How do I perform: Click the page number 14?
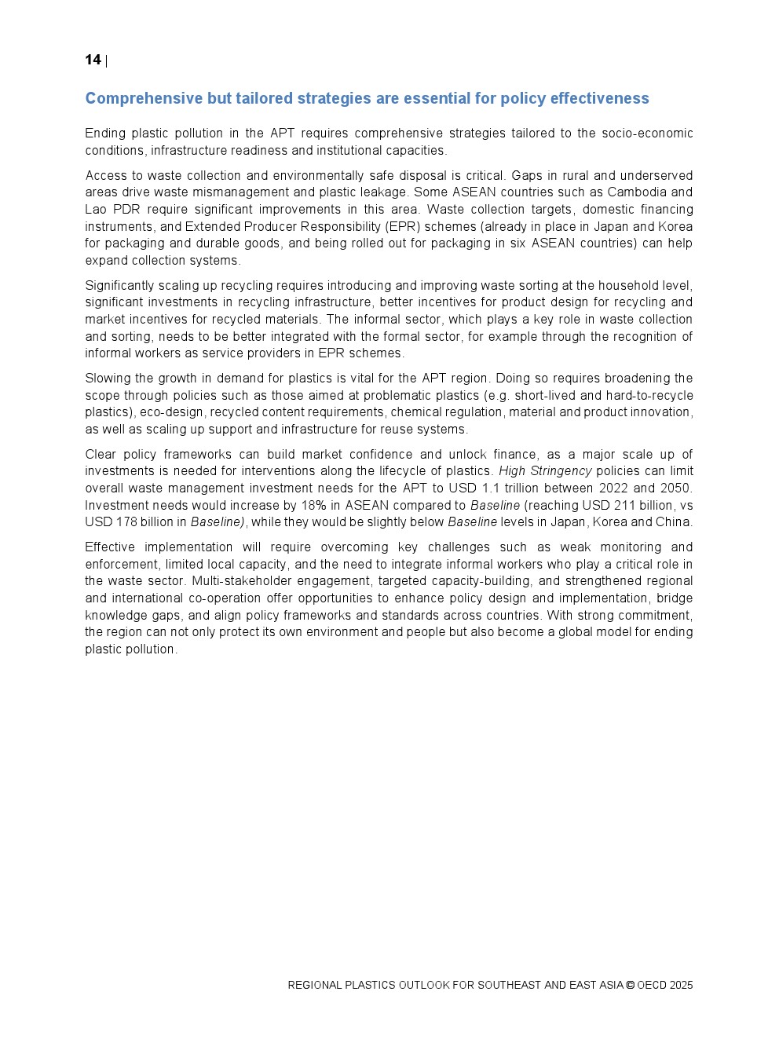93,60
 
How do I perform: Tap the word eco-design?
171,412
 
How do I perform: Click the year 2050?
676,488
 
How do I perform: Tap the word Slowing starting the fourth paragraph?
108,379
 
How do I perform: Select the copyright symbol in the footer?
630,986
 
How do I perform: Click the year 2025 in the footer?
681,986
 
